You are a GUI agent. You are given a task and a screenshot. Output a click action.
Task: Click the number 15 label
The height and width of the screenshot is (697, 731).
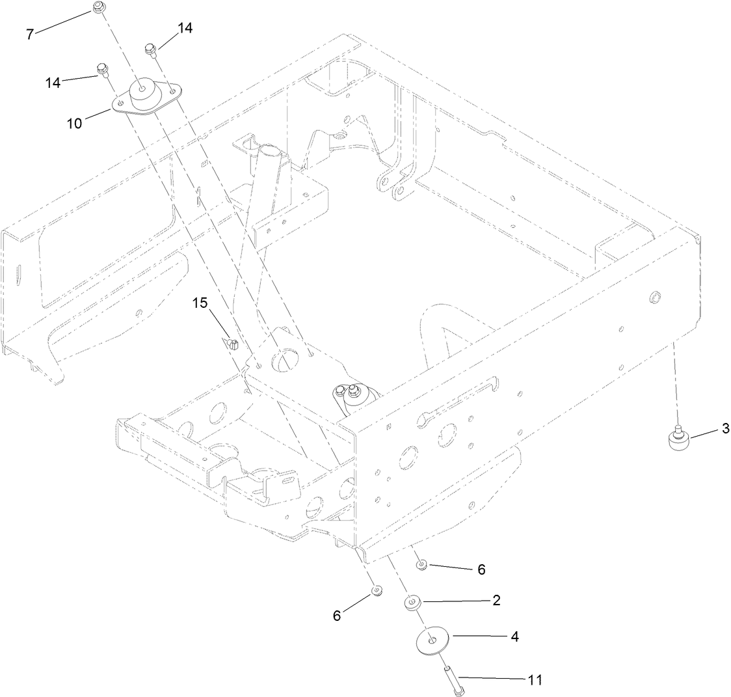coord(201,303)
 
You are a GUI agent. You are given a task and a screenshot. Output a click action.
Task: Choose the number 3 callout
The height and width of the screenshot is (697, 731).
coord(707,428)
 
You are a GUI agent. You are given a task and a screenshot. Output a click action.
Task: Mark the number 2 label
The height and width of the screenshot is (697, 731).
coord(496,600)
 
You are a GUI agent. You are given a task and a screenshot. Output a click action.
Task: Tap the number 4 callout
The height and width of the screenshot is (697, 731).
coord(514,636)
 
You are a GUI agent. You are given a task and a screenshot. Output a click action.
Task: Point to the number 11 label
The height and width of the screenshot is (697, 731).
coord(534,679)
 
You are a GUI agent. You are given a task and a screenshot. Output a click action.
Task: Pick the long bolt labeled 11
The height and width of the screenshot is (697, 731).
coord(453,680)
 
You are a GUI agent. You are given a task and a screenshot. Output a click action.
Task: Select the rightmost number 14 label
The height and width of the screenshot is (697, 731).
coord(185,28)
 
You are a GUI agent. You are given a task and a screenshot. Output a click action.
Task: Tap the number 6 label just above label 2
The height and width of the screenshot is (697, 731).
coord(481,569)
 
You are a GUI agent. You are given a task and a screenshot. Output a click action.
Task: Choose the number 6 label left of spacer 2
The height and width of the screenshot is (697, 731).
coord(337,615)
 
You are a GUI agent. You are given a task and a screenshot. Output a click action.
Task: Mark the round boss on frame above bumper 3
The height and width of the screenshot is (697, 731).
coord(654,299)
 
